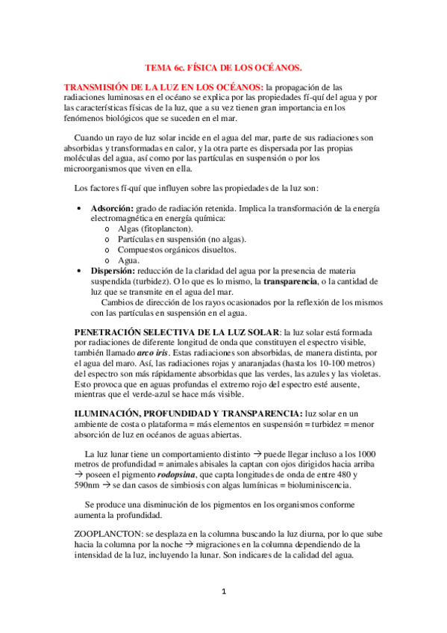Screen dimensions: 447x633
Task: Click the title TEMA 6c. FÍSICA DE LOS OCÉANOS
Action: pos(223,68)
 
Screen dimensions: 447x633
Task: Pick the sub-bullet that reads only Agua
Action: pos(129,260)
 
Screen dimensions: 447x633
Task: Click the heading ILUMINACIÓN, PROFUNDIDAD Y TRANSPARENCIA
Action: pos(188,414)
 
